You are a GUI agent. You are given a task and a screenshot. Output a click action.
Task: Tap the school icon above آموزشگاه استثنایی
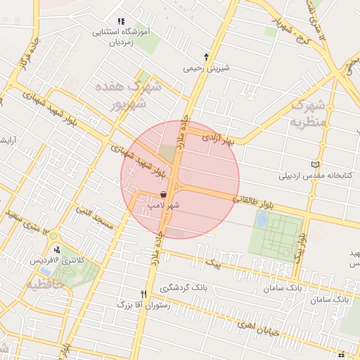point(120,22)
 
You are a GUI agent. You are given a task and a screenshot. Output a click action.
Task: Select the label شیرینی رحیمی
point(206,69)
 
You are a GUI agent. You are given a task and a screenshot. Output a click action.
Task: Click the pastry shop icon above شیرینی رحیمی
point(206,57)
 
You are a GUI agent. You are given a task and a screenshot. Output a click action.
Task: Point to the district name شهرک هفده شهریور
point(127,96)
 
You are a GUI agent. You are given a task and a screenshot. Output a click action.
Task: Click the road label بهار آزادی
point(217,139)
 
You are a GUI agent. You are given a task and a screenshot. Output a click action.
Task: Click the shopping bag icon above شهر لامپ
point(163,193)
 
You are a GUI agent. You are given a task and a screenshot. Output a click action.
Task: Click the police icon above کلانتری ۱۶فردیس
point(57,249)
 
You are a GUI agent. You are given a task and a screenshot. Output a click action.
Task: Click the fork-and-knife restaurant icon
point(144,294)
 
